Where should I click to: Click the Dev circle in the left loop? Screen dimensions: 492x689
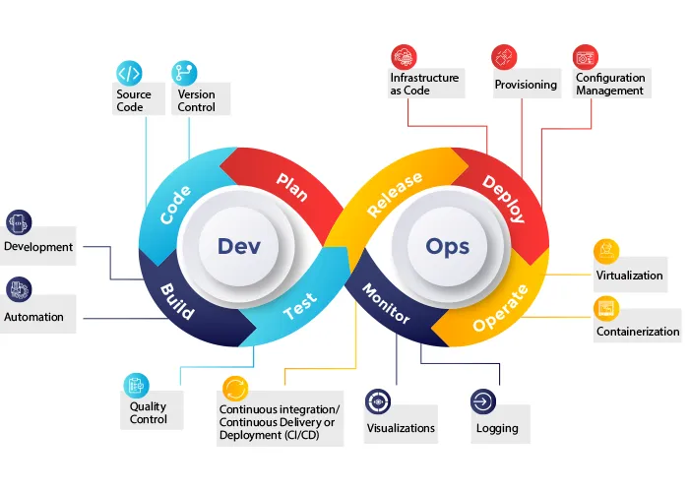(x=239, y=246)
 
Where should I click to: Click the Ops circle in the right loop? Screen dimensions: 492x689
(x=447, y=246)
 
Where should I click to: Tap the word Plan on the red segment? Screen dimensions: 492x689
(x=292, y=185)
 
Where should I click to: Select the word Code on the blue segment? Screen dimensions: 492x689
(x=175, y=204)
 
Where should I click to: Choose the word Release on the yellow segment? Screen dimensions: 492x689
(x=395, y=194)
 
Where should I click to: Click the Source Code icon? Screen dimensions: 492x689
(x=129, y=73)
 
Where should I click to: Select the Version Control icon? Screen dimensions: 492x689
(x=184, y=73)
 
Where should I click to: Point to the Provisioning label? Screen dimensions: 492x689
(x=525, y=86)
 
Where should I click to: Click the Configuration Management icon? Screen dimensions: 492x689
(x=586, y=57)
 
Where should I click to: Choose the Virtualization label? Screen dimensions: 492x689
(x=630, y=275)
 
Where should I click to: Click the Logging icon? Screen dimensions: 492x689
(x=483, y=401)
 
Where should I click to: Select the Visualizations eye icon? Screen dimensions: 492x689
(x=378, y=401)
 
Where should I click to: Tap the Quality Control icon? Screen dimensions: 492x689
(x=136, y=385)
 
